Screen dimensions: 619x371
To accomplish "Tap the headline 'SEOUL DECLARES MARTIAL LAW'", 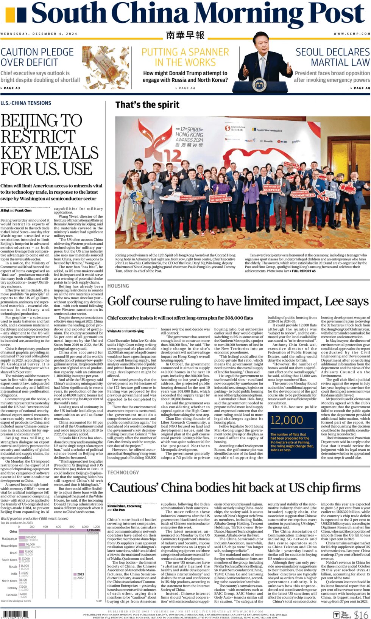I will point(332,57).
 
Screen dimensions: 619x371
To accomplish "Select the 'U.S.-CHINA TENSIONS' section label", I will point(26,103).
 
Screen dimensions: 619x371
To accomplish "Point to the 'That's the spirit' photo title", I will point(147,105).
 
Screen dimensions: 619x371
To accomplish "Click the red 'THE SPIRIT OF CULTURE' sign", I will point(272,188).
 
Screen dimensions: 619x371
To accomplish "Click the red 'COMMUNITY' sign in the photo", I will point(303,194).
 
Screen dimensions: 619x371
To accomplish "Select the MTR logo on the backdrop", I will point(283,142).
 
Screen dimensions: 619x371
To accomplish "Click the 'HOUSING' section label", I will point(118,286).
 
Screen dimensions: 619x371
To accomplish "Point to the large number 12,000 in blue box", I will point(287,420).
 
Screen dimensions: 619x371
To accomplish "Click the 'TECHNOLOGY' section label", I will point(123,473).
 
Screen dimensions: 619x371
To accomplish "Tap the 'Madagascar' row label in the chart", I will point(9,538).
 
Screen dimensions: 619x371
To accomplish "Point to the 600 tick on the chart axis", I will point(58,526).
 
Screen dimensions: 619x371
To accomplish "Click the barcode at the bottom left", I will point(15,614).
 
